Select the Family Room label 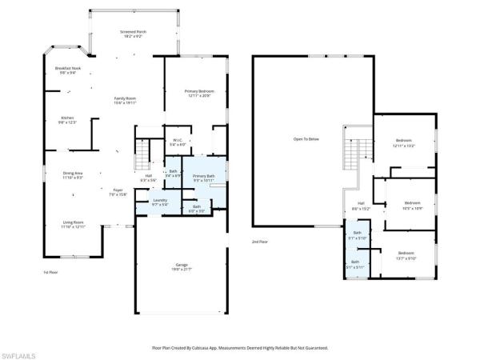[125, 100]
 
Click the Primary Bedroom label [198, 93]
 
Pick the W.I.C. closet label [178, 142]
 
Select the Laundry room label [160, 202]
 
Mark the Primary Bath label [204, 178]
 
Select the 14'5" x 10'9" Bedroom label [413, 205]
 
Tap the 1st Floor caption [51, 273]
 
